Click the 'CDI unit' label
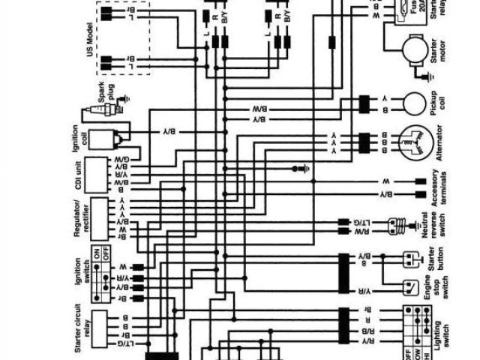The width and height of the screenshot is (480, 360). pyautogui.click(x=79, y=173)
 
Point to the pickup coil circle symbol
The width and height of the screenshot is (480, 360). pyautogui.click(x=415, y=103)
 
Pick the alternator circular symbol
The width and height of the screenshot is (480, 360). pyautogui.click(x=413, y=142)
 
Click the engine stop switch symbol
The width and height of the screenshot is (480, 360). pyautogui.click(x=412, y=286)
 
